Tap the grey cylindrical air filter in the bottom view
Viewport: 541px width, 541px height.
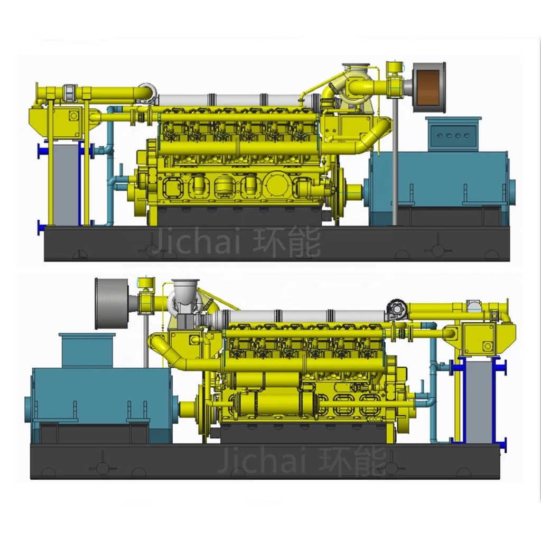112,303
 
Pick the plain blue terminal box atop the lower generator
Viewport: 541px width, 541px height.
87,350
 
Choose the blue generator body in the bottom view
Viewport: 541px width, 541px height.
100,396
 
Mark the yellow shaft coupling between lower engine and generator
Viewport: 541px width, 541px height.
189,408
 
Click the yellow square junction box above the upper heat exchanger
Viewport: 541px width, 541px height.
68,116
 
